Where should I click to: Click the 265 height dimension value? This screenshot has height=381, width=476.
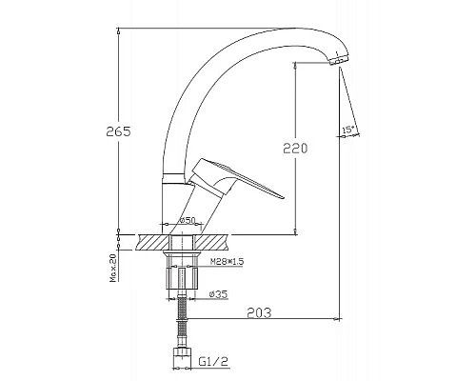pyautogui.click(x=118, y=131)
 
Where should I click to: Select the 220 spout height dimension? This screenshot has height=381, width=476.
pyautogui.click(x=295, y=148)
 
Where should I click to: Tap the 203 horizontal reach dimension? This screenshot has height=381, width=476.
pyautogui.click(x=259, y=312)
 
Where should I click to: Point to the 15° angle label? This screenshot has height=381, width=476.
pyautogui.click(x=348, y=130)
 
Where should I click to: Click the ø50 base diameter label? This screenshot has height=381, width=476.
pyautogui.click(x=187, y=220)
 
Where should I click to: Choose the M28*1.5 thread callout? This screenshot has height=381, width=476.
pyautogui.click(x=227, y=261)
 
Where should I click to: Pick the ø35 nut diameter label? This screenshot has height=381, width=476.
pyautogui.click(x=218, y=294)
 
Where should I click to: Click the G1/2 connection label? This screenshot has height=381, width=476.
pyautogui.click(x=213, y=362)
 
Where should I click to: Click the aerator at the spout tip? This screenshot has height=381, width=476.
pyautogui.click(x=338, y=60)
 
